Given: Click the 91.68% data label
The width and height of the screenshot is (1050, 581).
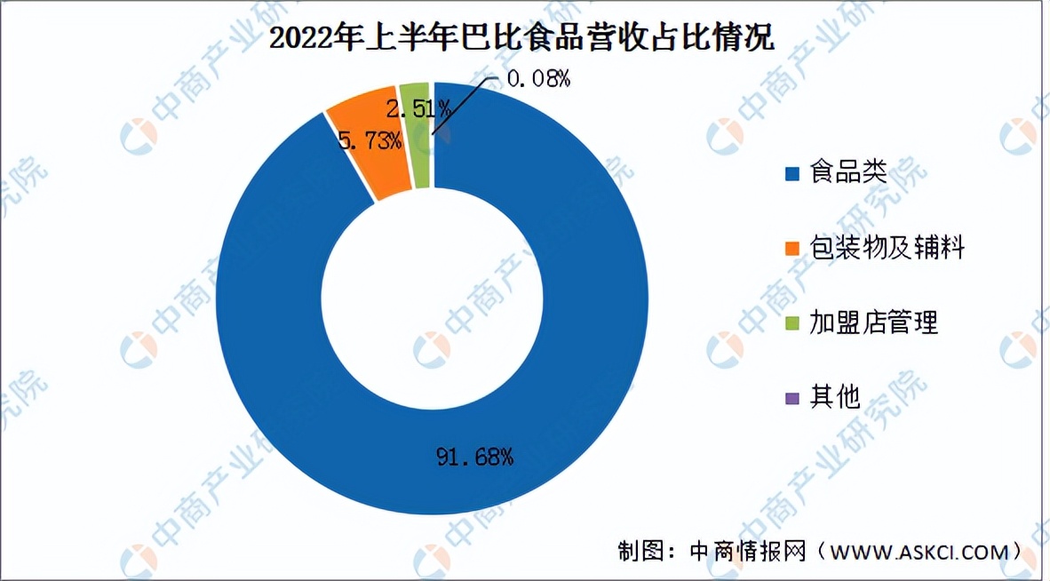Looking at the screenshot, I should [474, 458].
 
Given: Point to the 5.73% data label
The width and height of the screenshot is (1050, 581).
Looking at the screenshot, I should [370, 140].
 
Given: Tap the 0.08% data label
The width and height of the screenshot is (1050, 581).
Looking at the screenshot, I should [537, 79].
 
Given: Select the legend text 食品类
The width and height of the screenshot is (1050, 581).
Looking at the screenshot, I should [847, 172].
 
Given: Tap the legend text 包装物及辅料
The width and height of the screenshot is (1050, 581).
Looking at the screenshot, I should [887, 247].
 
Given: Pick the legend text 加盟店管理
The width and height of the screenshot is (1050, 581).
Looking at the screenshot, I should [873, 322].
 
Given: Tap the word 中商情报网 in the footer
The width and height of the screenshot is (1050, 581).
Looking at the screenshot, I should [748, 552].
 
